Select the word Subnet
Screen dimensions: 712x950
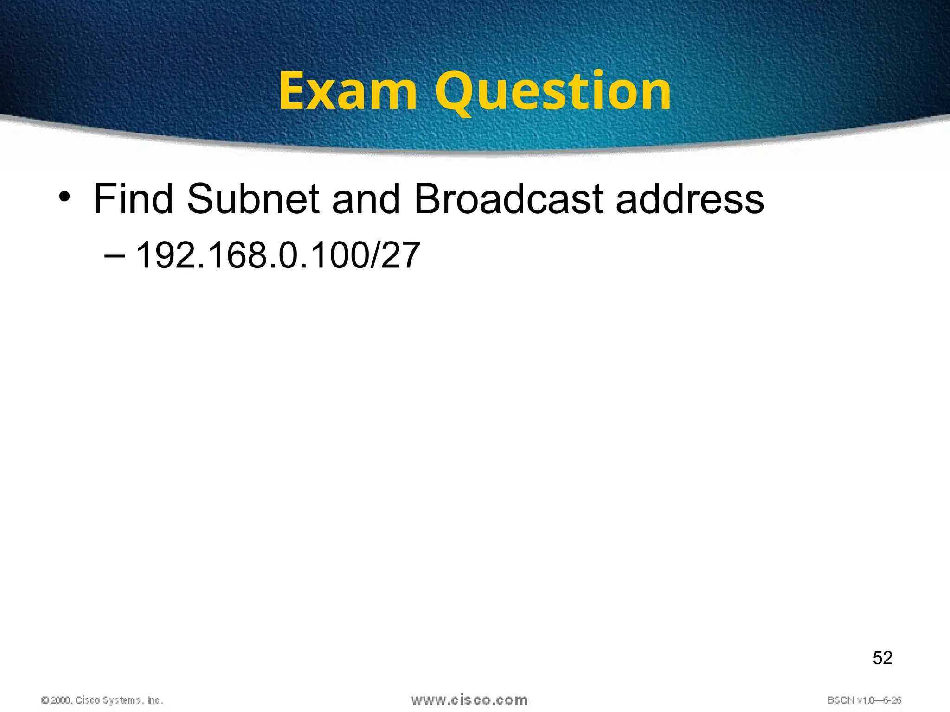pos(253,199)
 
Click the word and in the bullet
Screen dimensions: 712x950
pos(366,199)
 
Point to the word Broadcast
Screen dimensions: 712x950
pos(508,199)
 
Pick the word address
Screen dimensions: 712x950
pos(690,199)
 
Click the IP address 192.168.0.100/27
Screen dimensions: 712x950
pos(278,255)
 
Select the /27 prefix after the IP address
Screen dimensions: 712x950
pos(395,255)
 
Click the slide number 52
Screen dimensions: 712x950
pos(882,658)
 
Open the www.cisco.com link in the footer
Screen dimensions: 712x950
pos(469,699)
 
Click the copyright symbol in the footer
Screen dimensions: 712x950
pos(45,700)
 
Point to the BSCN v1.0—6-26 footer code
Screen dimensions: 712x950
pos(864,700)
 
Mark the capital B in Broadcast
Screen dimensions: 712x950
pos(427,199)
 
